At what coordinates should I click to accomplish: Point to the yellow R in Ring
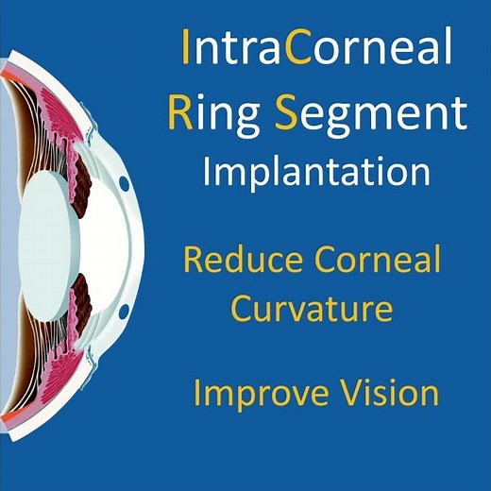[x=179, y=112]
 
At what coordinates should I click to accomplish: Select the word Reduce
[x=240, y=260]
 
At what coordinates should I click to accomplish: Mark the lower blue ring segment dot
[x=124, y=311]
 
